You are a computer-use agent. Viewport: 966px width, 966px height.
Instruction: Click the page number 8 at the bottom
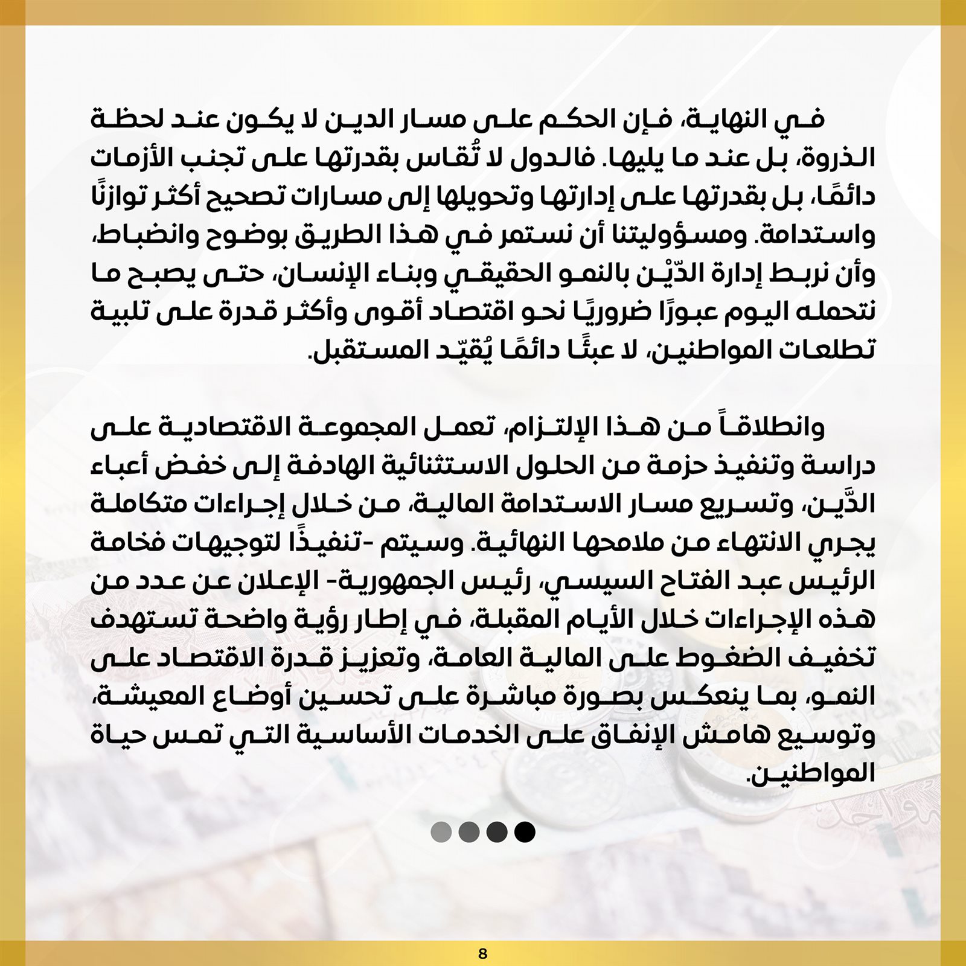tap(482, 954)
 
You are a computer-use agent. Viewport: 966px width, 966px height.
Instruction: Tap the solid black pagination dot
tap(525, 832)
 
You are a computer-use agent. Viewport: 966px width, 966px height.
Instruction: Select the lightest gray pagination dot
tap(441, 832)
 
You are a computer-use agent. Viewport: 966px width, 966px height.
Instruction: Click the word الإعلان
tap(278, 582)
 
